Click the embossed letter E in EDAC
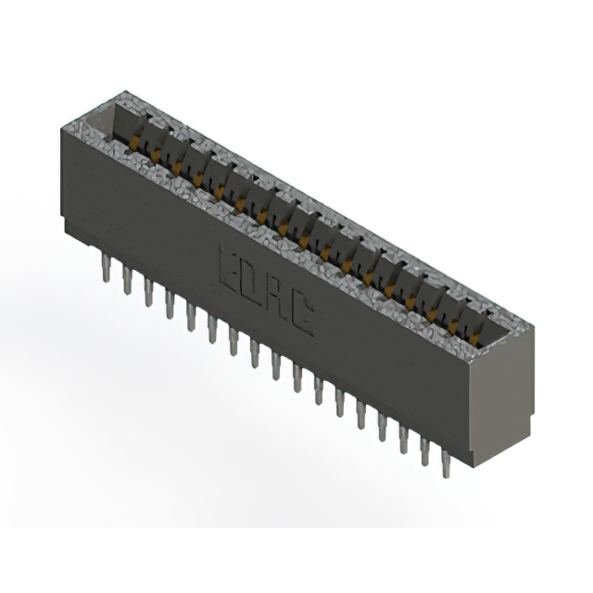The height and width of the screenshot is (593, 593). coord(229,269)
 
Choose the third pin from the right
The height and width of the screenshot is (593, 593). coord(404,439)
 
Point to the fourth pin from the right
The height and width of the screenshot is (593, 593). coord(383,427)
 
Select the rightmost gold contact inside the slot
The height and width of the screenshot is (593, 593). coord(476,340)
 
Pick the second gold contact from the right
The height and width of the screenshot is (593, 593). coord(455,328)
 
